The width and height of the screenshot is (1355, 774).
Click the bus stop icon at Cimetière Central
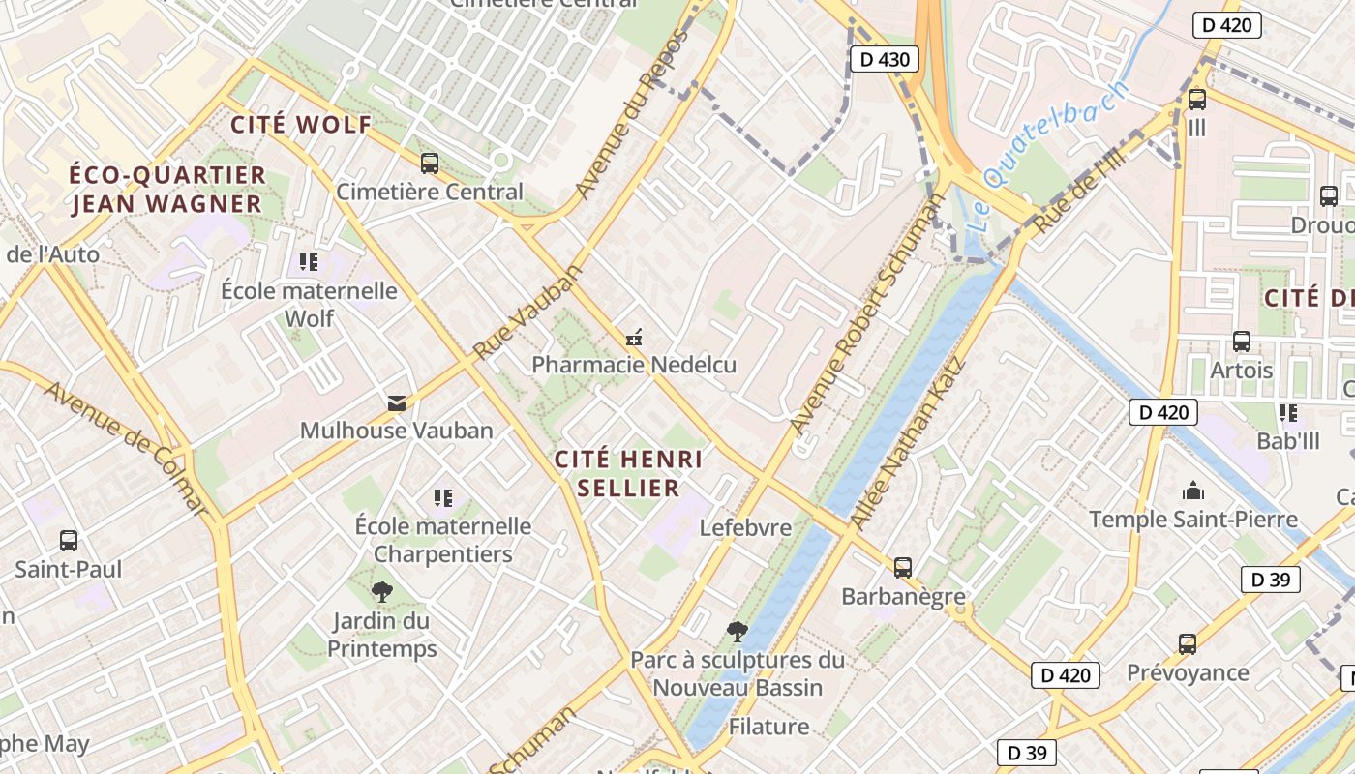(x=429, y=164)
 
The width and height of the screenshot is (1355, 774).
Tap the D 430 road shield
(x=885, y=60)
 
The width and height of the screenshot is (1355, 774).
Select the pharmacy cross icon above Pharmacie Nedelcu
(x=634, y=338)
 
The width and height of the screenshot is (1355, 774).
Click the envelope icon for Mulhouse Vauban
(x=397, y=402)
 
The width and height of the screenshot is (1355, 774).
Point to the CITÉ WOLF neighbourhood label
(x=301, y=125)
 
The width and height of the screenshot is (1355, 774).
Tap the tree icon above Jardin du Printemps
(x=382, y=592)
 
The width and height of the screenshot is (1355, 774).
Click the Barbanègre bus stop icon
(x=903, y=568)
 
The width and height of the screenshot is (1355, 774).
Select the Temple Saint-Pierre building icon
(x=1193, y=491)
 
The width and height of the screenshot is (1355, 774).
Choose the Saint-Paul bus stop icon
(x=69, y=541)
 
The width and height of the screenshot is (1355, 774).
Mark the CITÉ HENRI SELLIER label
(x=628, y=473)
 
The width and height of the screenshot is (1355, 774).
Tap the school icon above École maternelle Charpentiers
(x=443, y=498)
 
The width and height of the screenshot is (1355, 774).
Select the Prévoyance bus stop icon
(x=1188, y=644)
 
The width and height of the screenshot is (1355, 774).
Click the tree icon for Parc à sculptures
(x=738, y=632)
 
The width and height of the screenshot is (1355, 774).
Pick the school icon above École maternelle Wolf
(x=309, y=262)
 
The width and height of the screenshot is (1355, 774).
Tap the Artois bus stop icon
(x=1242, y=342)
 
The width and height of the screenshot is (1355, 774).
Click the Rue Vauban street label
(x=528, y=311)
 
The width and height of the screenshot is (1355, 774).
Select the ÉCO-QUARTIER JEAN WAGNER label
(x=167, y=190)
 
